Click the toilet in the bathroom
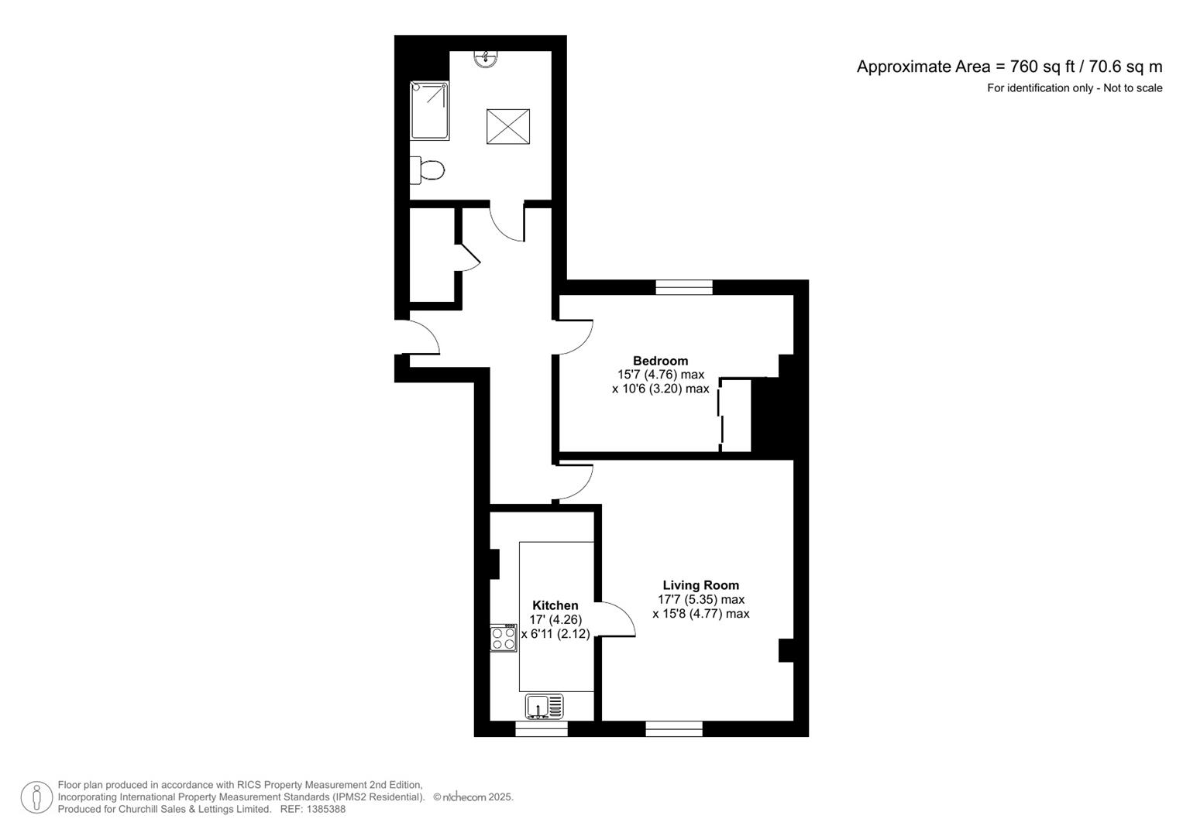tap(427, 170)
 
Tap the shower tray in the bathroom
tap(430, 111)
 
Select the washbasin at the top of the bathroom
tap(485, 59)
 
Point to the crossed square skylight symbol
tap(508, 126)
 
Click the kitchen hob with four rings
tap(504, 638)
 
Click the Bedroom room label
tap(661, 361)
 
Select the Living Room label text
tap(701, 584)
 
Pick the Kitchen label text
tap(555, 605)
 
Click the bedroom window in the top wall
tap(684, 287)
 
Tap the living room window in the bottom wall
tap(674, 729)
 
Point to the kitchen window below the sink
tap(542, 729)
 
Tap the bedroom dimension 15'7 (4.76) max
tap(661, 375)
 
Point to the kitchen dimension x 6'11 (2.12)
tap(555, 634)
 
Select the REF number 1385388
tap(313, 809)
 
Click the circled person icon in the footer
tap(36, 797)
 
